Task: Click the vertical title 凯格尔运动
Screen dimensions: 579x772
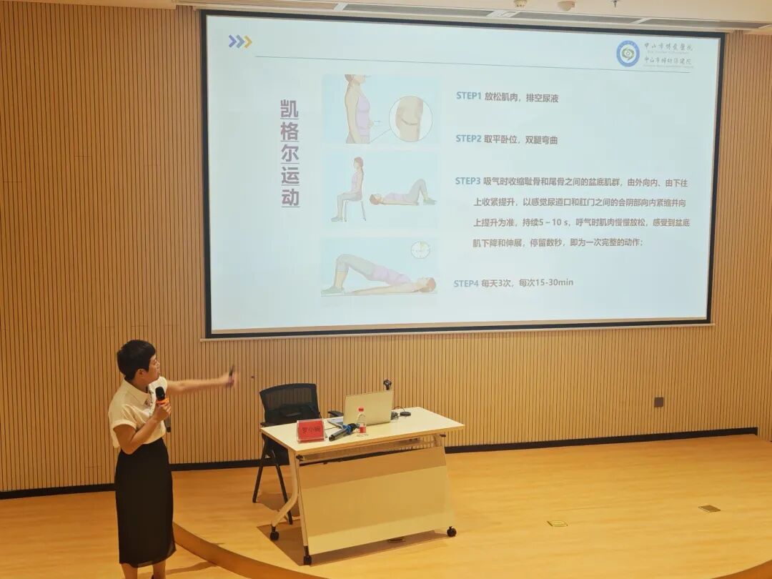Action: pos(289,154)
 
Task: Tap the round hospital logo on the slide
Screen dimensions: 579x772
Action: pos(628,54)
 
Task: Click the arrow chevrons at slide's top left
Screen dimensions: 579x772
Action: pos(240,41)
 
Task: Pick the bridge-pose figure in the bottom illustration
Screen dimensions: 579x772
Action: pos(377,275)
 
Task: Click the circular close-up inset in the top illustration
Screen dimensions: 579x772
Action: pos(410,118)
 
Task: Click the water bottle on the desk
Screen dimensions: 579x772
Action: pos(362,422)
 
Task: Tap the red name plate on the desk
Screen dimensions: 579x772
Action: pos(310,430)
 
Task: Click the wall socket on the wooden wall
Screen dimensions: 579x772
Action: pos(658,402)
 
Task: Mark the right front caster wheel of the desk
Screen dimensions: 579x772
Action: pos(451,532)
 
